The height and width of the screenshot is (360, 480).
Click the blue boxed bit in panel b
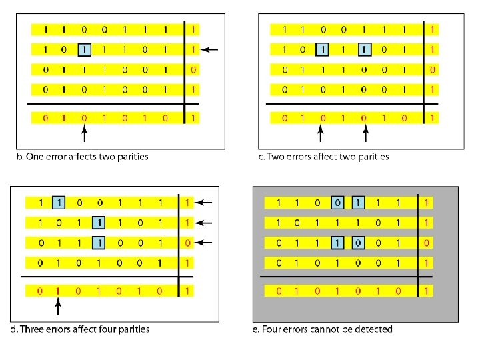(84, 49)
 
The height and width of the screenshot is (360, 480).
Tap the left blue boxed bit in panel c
(323, 49)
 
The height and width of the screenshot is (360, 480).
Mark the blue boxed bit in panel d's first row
(59, 202)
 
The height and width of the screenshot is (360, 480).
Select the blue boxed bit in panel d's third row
(98, 242)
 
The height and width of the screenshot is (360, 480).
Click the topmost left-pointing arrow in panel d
(205, 202)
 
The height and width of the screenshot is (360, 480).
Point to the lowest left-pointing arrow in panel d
(205, 242)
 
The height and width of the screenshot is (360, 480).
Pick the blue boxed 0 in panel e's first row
(339, 202)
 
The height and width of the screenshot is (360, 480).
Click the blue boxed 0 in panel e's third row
(358, 242)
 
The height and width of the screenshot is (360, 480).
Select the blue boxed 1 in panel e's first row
(358, 202)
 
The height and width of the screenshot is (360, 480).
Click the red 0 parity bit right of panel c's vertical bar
(433, 69)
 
